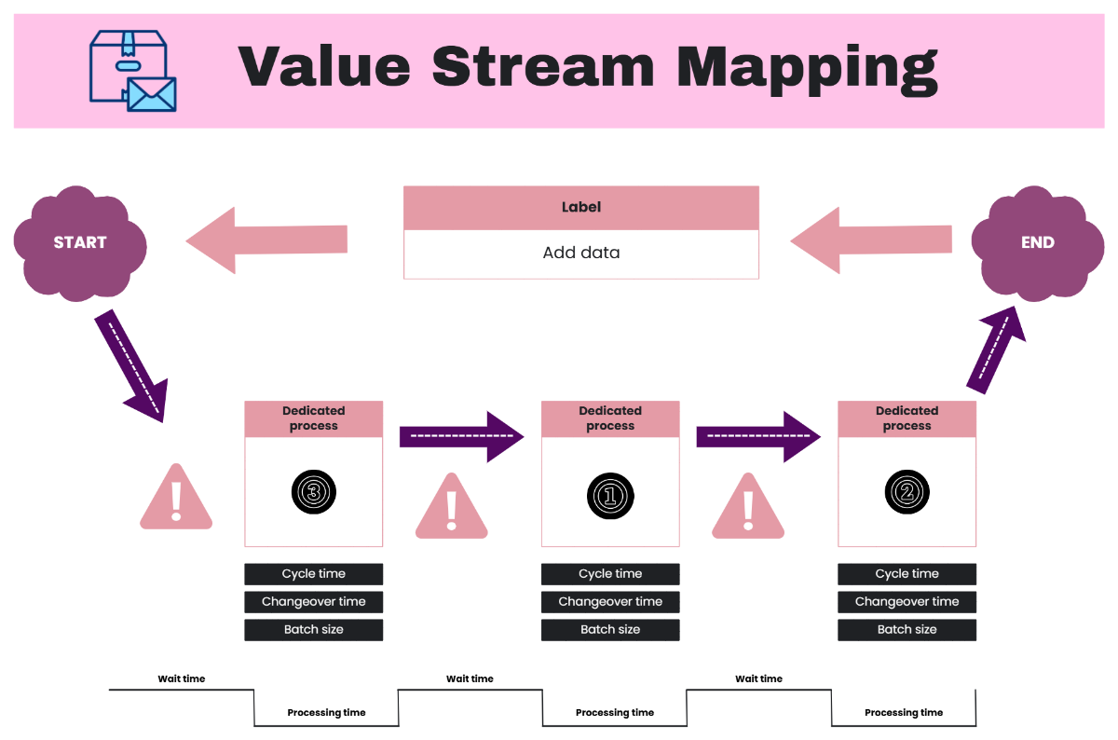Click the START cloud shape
coord(79,242)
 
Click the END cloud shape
coord(1036,242)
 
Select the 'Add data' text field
coord(580,254)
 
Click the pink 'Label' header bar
coord(580,207)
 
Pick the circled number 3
coord(313,492)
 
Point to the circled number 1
coord(610,494)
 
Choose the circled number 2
coord(907,492)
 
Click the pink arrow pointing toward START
coord(266,240)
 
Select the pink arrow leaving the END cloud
coord(870,240)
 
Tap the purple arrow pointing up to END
coord(996,349)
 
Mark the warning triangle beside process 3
coord(175,498)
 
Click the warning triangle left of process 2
coord(747,507)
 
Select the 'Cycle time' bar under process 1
coord(610,574)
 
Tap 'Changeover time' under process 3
coord(313,602)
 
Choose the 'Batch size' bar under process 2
coord(907,630)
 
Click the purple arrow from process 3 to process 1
coord(461,436)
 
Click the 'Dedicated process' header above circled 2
coord(907,418)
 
